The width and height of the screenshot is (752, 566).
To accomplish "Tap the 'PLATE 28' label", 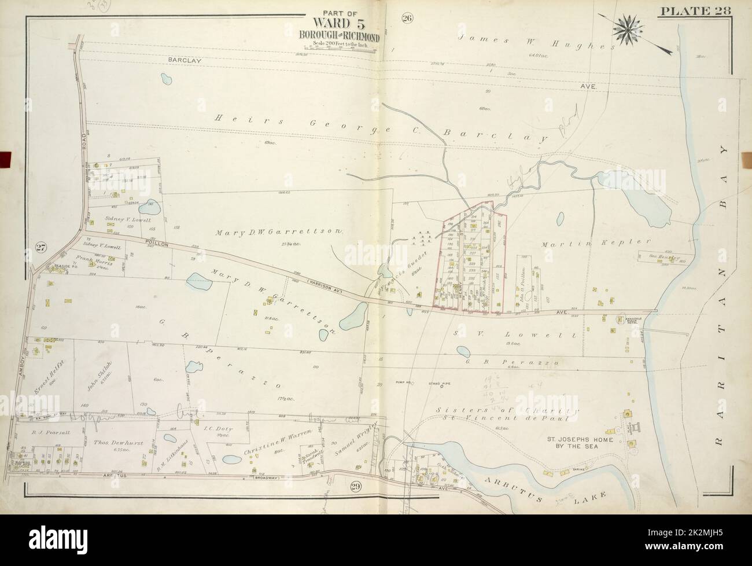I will coord(702,10).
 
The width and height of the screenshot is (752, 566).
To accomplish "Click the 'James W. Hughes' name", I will coord(535,45).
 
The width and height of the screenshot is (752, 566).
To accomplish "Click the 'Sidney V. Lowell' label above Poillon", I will coord(128,220).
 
